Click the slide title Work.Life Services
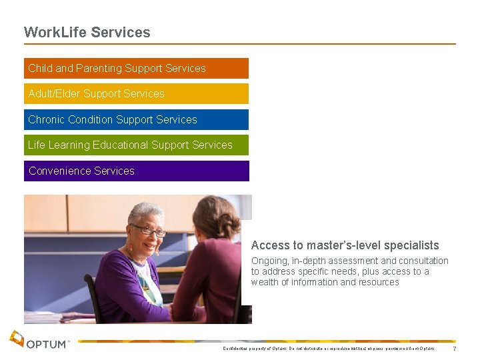coord(87,32)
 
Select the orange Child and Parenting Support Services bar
coord(136,68)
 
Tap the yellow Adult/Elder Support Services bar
coord(136,93)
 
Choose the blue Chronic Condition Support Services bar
coord(136,119)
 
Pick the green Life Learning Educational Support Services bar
coord(136,145)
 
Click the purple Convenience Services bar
coord(136,171)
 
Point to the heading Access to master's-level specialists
coord(345,245)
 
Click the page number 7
coord(455,349)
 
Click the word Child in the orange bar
coord(40,68)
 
